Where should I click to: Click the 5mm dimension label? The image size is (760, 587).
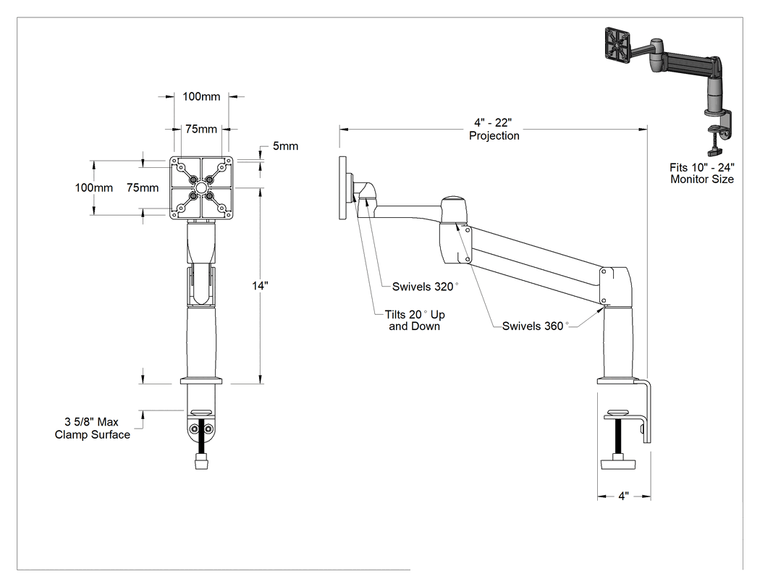click(285, 146)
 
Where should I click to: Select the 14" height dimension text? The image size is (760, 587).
click(261, 286)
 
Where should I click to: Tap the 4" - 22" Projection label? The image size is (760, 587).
click(494, 130)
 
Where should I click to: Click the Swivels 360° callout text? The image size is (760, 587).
click(535, 326)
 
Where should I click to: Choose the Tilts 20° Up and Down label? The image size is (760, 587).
click(415, 321)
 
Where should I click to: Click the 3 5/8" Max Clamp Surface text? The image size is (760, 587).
click(92, 428)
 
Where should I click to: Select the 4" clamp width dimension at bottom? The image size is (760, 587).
click(623, 496)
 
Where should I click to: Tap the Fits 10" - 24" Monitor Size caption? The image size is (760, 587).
click(702, 173)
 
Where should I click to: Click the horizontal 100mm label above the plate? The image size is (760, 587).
click(201, 96)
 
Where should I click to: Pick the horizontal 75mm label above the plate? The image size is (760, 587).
click(201, 129)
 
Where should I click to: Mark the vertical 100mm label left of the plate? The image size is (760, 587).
click(93, 187)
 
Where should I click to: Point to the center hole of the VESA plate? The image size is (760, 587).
click(200, 187)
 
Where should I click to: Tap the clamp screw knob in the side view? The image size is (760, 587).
click(618, 463)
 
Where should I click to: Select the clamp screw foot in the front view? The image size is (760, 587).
click(200, 460)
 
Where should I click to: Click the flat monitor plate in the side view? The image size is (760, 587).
click(342, 187)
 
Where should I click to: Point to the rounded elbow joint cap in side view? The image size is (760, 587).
click(453, 209)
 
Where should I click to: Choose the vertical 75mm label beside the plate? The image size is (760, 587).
click(143, 187)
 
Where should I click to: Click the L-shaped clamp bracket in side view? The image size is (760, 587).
click(646, 412)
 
